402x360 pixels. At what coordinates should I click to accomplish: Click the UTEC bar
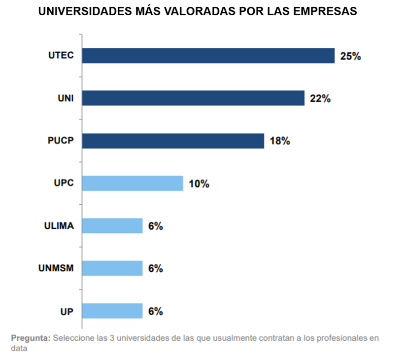click(x=208, y=56)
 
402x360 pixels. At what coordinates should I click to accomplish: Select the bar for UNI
click(x=193, y=98)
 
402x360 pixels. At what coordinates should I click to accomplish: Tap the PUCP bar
click(x=173, y=141)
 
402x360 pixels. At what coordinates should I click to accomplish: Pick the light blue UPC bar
click(x=133, y=183)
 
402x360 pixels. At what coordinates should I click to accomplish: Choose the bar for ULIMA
click(x=112, y=226)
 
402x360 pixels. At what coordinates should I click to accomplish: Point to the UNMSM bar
click(x=112, y=269)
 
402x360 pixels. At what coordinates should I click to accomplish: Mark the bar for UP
click(x=112, y=311)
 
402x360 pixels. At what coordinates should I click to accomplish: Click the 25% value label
click(x=350, y=56)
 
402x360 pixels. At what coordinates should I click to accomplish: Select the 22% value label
click(x=320, y=99)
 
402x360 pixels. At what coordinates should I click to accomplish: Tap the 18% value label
click(x=280, y=142)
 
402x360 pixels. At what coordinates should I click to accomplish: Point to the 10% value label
click(x=199, y=184)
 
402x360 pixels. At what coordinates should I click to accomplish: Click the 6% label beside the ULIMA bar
click(x=155, y=226)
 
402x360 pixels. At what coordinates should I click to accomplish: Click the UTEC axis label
click(x=61, y=56)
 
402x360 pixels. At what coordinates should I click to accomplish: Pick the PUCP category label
click(x=61, y=141)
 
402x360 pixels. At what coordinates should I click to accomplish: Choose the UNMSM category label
click(x=56, y=269)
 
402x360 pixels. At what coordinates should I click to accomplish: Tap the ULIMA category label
click(x=59, y=226)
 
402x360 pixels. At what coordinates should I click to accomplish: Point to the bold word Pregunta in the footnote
click(x=31, y=338)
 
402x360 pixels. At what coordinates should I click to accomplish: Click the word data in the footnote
click(x=19, y=348)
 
